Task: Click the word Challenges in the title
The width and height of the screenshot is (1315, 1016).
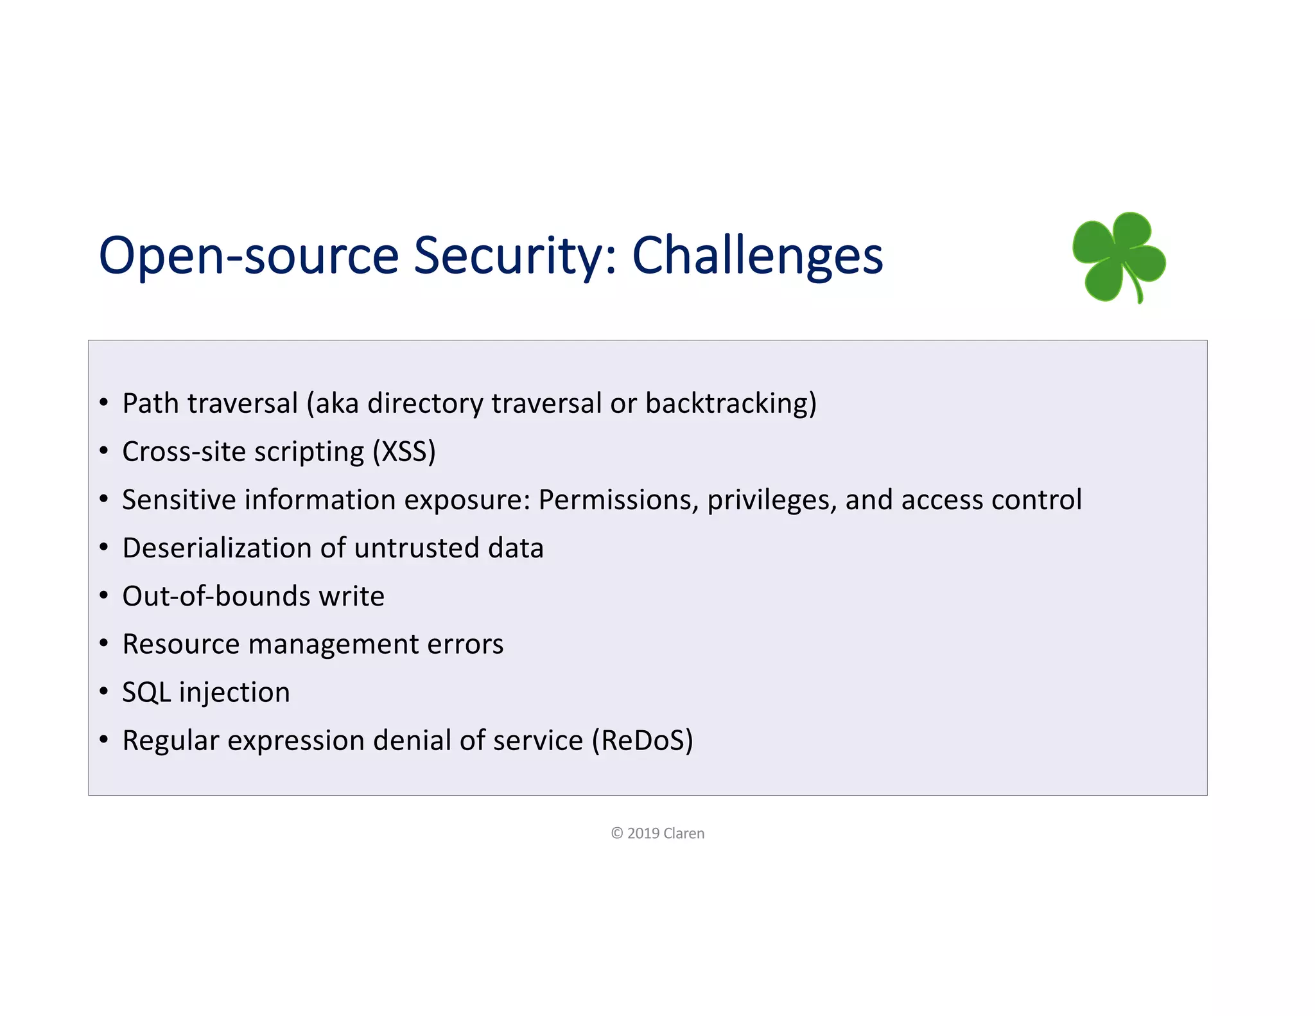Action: pos(757,256)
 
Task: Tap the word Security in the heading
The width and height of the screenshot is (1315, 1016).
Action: pos(514,256)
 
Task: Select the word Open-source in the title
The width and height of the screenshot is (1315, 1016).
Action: pos(248,256)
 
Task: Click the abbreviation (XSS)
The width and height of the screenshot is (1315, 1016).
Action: pos(405,451)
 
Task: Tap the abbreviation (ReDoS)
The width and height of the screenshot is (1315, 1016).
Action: pos(642,740)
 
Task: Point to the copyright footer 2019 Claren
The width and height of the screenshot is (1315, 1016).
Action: pos(657,833)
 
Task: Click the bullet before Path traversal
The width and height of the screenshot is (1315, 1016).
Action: pos(104,403)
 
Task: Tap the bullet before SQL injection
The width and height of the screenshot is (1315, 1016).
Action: pos(104,692)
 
